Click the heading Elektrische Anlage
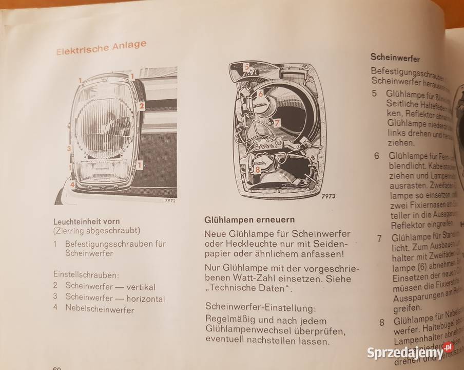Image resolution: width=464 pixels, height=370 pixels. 101,48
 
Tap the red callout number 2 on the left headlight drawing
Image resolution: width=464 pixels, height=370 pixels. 142,106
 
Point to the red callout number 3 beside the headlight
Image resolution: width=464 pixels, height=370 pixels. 68,149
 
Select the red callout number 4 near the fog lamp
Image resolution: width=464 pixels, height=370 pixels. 72,184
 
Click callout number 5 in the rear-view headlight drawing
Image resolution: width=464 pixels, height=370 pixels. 246,66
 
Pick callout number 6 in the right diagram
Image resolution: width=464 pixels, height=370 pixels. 260,94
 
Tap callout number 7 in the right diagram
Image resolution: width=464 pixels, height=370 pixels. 276,123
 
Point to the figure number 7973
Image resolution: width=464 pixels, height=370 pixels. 328,197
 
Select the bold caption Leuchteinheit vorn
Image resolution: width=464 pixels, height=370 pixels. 90,221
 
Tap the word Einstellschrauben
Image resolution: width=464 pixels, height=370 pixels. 84,275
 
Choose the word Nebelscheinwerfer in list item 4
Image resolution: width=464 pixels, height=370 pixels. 100,310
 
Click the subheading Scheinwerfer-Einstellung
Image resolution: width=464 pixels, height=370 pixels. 260,308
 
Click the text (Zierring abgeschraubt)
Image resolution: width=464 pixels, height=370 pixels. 96,231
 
